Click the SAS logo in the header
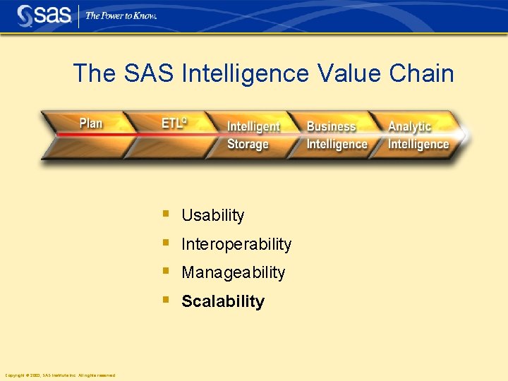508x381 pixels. coord(44,16)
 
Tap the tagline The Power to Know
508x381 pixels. coord(121,16)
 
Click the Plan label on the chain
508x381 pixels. coord(91,123)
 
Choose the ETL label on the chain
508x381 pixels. coord(174,123)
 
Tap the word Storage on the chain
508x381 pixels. coord(248,144)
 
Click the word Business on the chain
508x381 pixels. coord(331,127)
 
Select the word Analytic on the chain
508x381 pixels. coord(409,127)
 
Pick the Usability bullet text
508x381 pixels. coord(212,216)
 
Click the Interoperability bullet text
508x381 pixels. coord(236,244)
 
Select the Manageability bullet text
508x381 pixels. coord(233,272)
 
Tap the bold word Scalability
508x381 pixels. coord(222,301)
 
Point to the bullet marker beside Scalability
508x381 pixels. coord(165,299)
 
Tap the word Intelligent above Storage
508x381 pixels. coord(253,127)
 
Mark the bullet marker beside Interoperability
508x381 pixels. coord(165,242)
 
